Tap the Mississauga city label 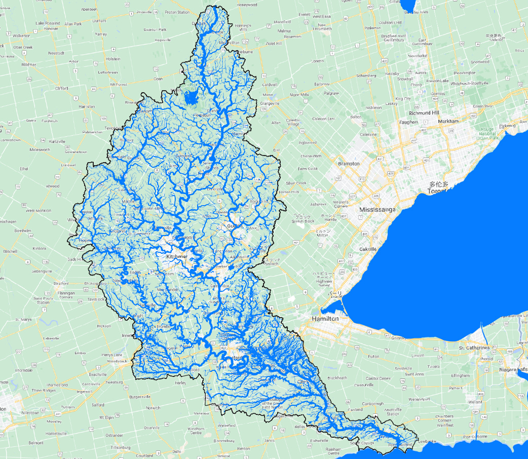pos(376,209)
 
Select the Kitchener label pos(177,257)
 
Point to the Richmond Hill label pos(424,112)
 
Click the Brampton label pos(349,164)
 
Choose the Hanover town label pos(51,28)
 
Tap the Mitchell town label pos(10,251)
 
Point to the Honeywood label pos(247,5)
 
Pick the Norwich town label pos(153,408)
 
